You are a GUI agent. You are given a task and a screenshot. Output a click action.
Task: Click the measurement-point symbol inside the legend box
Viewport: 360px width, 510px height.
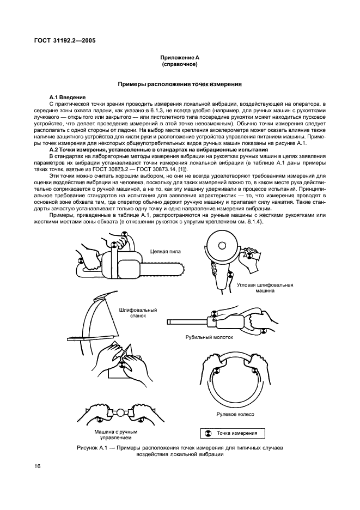207,434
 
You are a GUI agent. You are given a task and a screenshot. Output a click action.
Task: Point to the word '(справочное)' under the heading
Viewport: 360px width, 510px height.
179,64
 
